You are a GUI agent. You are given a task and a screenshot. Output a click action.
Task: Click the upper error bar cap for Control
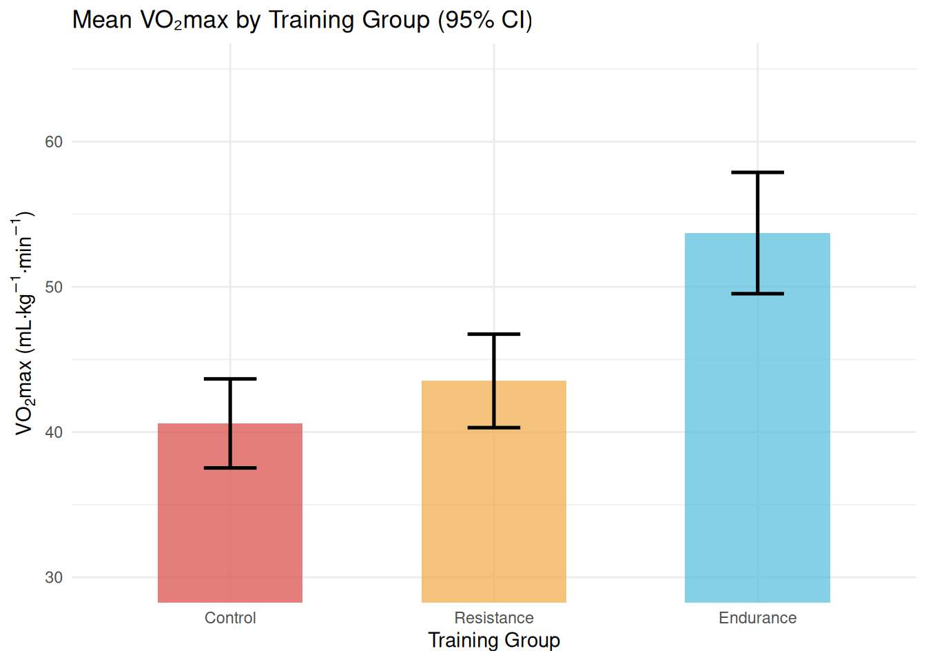230,379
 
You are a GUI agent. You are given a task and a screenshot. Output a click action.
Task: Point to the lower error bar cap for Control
230,468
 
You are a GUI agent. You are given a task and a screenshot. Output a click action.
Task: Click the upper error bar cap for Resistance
494,334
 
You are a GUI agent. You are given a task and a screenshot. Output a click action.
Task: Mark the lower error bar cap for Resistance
494,428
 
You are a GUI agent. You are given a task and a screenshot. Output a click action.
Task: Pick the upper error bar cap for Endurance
757,172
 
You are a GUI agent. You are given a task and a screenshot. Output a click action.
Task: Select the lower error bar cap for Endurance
757,294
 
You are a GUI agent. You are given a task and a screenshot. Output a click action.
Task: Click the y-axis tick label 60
54,142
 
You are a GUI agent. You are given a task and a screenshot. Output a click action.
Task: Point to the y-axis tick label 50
54,288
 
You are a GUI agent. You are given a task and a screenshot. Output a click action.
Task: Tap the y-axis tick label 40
54,432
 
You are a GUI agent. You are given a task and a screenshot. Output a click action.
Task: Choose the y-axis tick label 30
54,578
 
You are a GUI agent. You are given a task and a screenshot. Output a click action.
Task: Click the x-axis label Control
230,618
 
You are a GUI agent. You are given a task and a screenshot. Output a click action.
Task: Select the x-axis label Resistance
494,618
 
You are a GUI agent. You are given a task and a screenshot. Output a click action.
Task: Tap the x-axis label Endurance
757,618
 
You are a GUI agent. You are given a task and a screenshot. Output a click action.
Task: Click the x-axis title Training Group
494,640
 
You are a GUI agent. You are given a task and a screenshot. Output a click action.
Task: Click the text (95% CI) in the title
485,20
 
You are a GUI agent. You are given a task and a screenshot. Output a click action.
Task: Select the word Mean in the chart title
102,20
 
